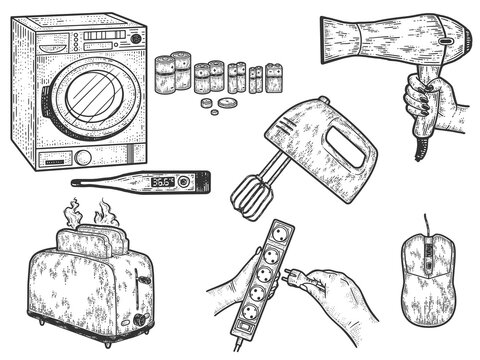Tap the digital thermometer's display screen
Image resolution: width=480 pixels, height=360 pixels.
tap(162, 182)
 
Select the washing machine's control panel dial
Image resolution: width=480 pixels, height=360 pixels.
tap(135, 39)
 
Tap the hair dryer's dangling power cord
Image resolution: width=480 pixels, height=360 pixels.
tap(421, 150)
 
